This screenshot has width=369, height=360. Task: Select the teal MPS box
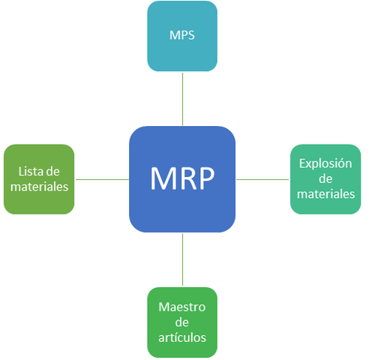(x=182, y=36)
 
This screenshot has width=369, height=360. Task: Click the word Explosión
(x=325, y=163)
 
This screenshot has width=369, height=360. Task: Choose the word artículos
(x=182, y=337)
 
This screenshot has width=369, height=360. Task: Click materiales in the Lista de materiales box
(x=39, y=187)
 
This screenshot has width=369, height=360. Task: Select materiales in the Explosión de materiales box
(x=325, y=193)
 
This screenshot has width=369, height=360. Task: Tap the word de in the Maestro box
(x=182, y=322)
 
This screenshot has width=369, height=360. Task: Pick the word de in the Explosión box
(x=325, y=178)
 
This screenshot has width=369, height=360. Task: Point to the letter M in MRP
(x=162, y=178)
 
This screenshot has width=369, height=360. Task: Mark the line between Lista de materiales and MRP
(x=102, y=179)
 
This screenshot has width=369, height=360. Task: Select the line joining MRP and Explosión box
(x=262, y=179)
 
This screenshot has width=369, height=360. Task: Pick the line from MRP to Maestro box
(x=182, y=259)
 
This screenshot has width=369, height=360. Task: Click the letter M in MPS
(x=172, y=36)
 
